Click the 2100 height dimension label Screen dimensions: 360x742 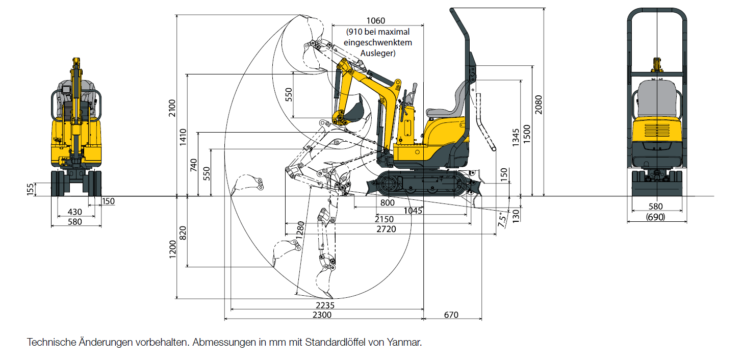(172, 108)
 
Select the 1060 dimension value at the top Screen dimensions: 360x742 (376, 20)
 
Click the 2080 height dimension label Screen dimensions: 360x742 (539, 105)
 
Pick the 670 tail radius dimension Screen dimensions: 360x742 (451, 315)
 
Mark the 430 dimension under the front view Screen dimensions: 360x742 (75, 212)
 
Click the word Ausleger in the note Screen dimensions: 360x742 (378, 53)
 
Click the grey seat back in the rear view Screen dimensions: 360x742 (657, 99)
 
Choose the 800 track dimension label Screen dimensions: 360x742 (387, 202)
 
